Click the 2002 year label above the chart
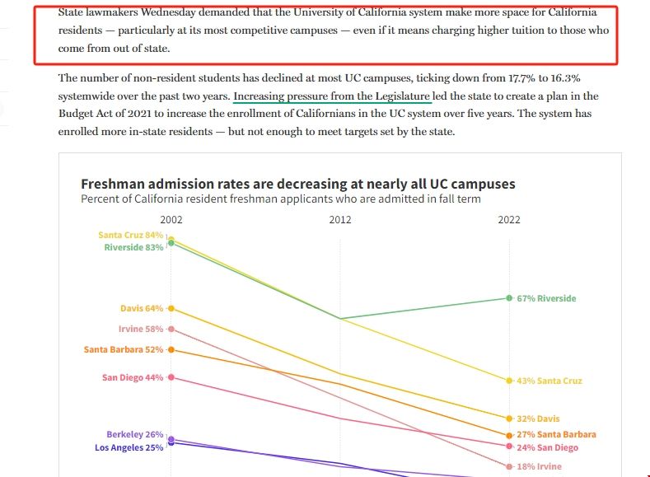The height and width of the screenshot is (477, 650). pyautogui.click(x=171, y=220)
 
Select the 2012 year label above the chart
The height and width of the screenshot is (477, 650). pyautogui.click(x=340, y=220)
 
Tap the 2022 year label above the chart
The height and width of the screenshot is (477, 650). pyautogui.click(x=509, y=220)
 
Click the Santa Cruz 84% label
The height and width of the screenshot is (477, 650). pyautogui.click(x=131, y=235)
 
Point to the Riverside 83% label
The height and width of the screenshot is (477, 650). pyautogui.click(x=133, y=247)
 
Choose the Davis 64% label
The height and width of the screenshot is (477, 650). pyautogui.click(x=142, y=309)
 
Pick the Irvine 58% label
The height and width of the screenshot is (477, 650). pyautogui.click(x=141, y=330)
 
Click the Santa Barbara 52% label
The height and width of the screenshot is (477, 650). pyautogui.click(x=124, y=350)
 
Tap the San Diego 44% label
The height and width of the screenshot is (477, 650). pyautogui.click(x=133, y=378)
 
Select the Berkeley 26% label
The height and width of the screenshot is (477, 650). pyautogui.click(x=135, y=435)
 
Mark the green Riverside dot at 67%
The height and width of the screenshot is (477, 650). pyautogui.click(x=509, y=297)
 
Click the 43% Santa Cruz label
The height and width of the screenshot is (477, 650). pyautogui.click(x=549, y=381)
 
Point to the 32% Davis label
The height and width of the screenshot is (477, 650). pyautogui.click(x=538, y=419)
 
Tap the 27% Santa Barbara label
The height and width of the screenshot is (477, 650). pyautogui.click(x=556, y=434)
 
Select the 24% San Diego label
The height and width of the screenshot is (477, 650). pyautogui.click(x=547, y=448)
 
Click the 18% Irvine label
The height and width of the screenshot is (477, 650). pyautogui.click(x=539, y=466)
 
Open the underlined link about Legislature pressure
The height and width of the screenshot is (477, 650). pyautogui.click(x=332, y=96)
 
